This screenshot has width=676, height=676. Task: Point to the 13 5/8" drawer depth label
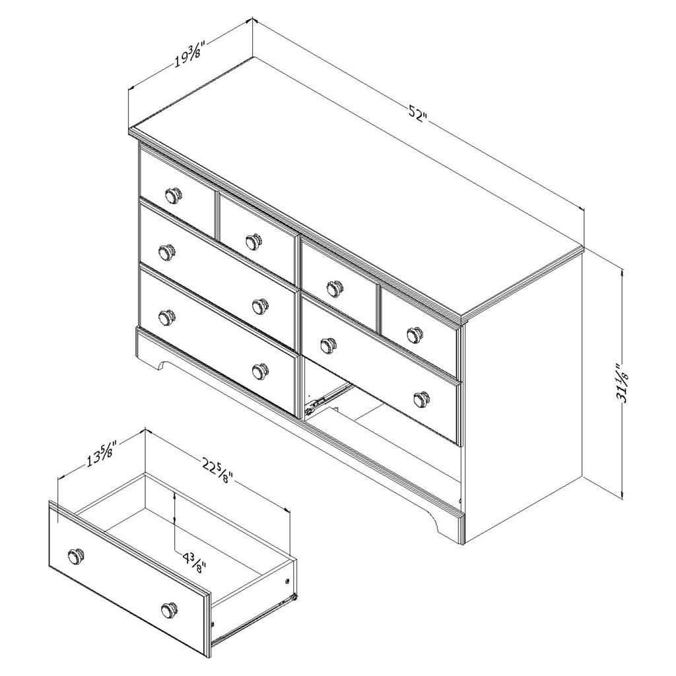pos(102,454)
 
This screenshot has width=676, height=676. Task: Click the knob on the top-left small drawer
pos(174,195)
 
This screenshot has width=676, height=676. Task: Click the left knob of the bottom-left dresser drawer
pos(166,318)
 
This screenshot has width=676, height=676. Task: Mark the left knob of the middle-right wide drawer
pos(329,333)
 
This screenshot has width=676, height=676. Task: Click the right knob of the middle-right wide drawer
pos(421,398)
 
